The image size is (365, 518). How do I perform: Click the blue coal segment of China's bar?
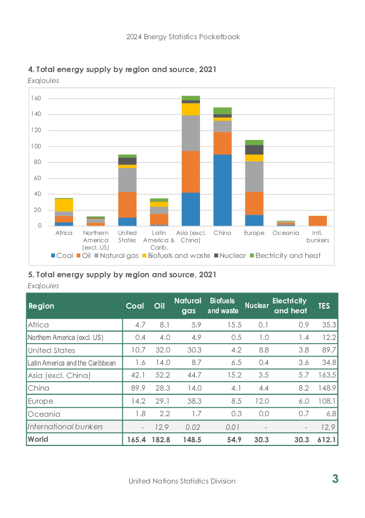[x=222, y=190]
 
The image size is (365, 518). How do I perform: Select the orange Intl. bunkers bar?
[x=317, y=221]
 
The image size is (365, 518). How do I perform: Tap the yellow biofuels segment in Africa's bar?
[x=64, y=205]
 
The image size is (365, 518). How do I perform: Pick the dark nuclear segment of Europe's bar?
[x=254, y=150]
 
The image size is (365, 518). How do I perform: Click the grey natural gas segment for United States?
[x=127, y=180]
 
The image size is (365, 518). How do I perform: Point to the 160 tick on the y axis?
[x=36, y=98]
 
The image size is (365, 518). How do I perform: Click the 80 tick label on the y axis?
[x=37, y=162]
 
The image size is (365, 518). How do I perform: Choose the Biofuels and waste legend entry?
[x=176, y=256]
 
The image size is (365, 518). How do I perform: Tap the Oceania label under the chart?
[x=286, y=233]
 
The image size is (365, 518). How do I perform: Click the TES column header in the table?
[x=324, y=306]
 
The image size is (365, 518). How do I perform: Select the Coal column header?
[x=135, y=306]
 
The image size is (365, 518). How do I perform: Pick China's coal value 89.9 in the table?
[x=138, y=388]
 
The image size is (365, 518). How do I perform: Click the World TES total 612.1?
[x=326, y=440]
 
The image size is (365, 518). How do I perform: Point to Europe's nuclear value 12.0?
[x=262, y=401]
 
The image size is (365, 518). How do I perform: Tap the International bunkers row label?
[x=65, y=427]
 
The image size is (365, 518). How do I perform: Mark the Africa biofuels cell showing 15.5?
[x=234, y=325]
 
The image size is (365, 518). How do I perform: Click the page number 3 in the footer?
[x=335, y=479]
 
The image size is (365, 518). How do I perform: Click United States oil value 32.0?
[x=163, y=350]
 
